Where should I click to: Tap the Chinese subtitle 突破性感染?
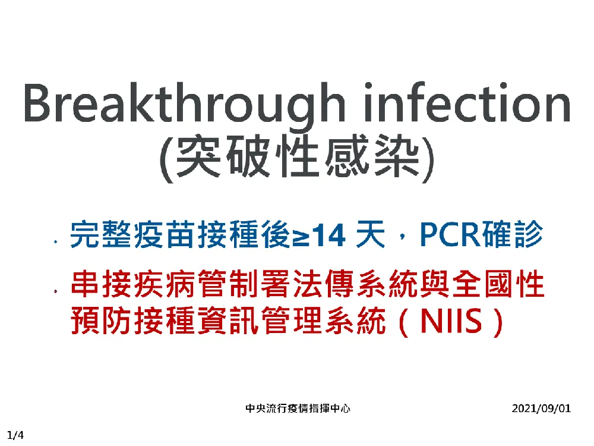point(298,156)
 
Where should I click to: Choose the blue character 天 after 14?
point(370,235)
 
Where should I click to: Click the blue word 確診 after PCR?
point(511,235)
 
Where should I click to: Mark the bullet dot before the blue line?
point(56,241)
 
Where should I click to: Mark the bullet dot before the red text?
point(56,291)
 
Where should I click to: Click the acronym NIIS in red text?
point(451,322)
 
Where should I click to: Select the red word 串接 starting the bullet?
point(101,284)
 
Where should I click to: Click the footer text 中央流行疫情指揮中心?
point(298,409)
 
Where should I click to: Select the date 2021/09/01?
point(541,409)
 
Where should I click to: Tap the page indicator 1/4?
point(15,435)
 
